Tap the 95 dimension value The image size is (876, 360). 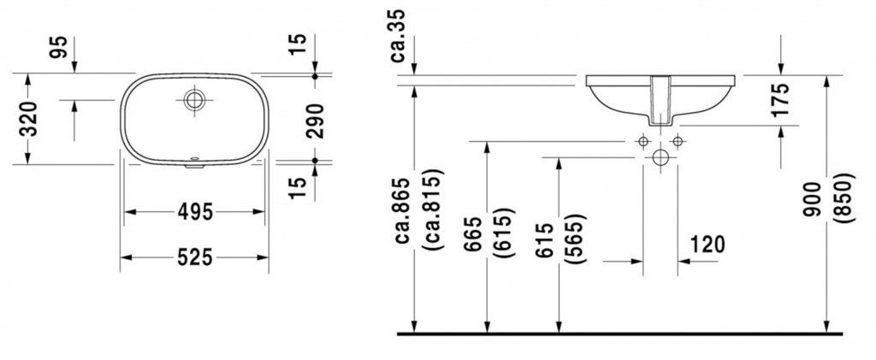pos(58,48)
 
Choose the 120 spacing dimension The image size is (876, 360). pos(706,245)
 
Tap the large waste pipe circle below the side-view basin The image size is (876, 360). pos(660,158)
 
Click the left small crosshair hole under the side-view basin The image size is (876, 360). pos(642,140)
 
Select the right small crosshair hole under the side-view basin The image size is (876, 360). pos(677,140)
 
